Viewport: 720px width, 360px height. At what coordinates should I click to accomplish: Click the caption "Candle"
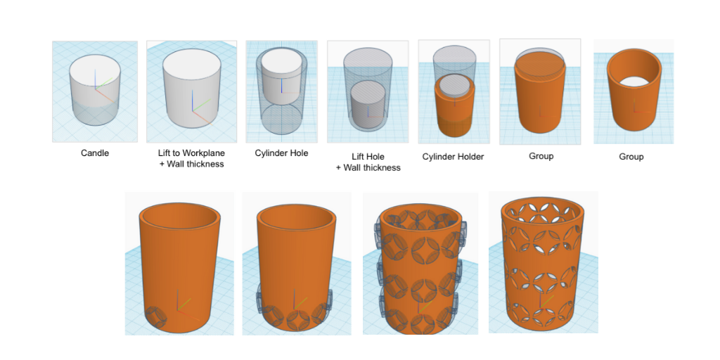tap(95, 153)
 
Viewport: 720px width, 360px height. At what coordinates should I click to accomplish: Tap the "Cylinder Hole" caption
tap(281, 153)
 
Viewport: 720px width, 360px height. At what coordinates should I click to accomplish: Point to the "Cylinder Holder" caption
tap(454, 157)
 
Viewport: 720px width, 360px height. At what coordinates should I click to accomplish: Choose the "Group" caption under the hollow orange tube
tap(631, 157)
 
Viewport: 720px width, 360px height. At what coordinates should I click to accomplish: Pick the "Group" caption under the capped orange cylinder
tap(541, 156)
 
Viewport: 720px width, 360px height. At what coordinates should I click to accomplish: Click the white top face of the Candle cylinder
tap(95, 72)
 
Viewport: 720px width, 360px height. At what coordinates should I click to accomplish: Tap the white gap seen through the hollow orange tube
tap(634, 80)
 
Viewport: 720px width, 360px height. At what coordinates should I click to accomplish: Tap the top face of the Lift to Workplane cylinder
tap(191, 67)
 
